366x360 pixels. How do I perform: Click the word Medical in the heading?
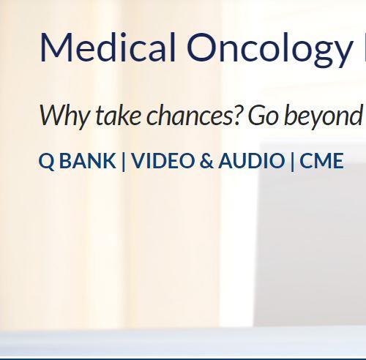107,48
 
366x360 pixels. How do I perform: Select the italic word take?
117,116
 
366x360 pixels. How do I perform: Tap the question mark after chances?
239,115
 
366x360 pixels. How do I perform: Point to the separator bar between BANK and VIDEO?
123,161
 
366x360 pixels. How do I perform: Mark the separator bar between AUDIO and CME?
292,161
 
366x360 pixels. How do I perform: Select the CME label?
321,161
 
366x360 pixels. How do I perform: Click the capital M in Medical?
55,48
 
